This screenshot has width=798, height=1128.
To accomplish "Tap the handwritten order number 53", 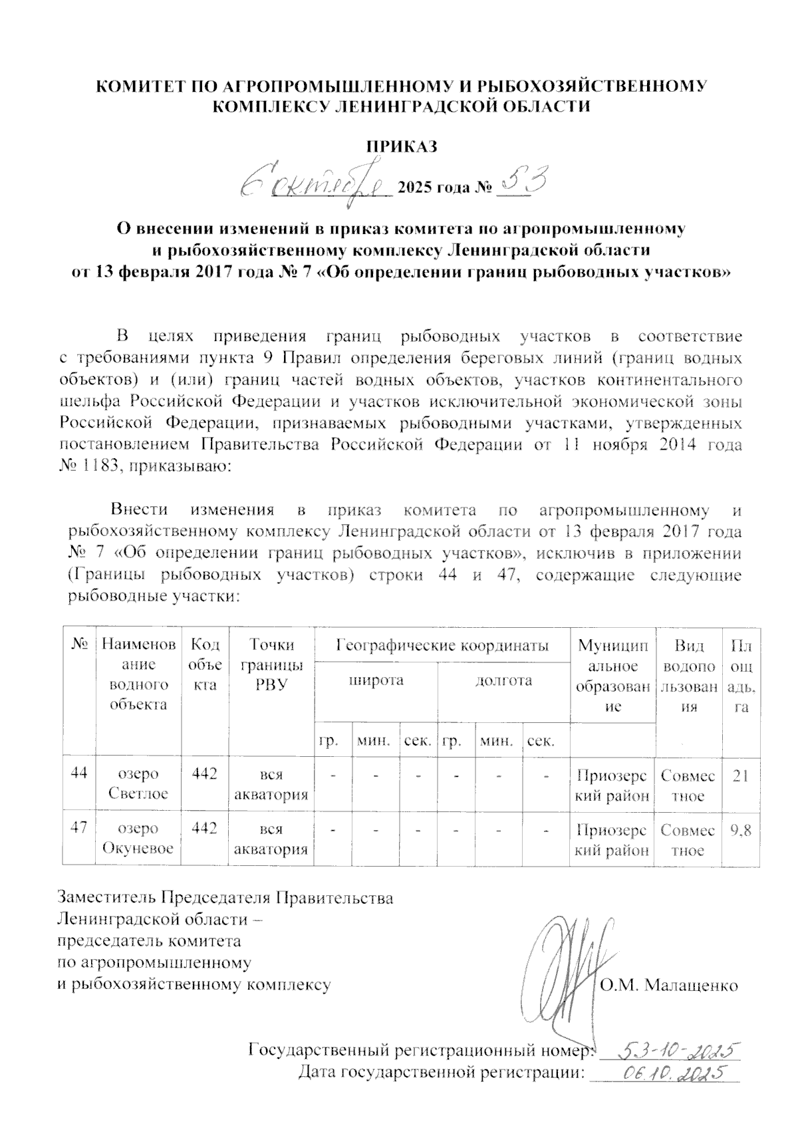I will point(523,180).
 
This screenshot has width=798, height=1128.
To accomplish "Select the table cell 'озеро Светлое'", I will point(138,784).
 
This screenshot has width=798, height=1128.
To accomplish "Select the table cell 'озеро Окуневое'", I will point(138,838).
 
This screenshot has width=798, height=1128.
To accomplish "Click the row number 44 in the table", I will point(80,775).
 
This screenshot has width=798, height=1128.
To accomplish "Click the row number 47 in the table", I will point(80,829).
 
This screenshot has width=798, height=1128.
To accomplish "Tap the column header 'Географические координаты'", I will point(442,644).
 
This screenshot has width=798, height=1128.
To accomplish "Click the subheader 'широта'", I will point(376,680).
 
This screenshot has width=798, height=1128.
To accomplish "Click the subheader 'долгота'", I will point(503,680).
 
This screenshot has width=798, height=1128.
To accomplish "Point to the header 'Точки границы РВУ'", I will point(271,664).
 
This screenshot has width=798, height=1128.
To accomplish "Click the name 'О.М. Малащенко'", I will point(669,985).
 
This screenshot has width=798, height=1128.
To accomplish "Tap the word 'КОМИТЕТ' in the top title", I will point(138,86).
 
